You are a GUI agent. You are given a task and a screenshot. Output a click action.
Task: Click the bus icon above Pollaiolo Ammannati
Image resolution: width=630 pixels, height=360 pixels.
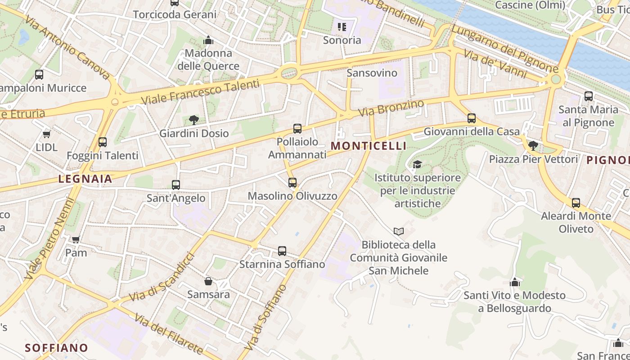pos(297,129)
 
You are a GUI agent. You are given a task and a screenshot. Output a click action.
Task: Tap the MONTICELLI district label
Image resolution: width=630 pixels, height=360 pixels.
pos(369,146)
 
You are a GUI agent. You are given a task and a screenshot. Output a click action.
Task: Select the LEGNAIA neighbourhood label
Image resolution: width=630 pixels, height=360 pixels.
pos(85,179)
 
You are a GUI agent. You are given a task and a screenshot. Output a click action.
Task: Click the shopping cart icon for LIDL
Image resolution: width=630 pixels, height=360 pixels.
pos(46,134)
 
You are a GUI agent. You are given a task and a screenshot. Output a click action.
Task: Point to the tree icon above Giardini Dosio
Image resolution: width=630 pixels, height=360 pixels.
pos(194,120)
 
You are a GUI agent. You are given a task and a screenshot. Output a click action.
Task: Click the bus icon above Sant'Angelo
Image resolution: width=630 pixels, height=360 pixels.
pos(176,184)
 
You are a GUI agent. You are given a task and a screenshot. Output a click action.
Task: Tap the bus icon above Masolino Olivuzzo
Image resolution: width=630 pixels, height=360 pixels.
pos(292,183)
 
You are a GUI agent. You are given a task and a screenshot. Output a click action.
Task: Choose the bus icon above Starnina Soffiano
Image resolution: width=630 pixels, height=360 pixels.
pos(282,251)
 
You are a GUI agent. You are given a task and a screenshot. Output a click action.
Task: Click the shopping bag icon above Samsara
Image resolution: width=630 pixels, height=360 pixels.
pos(208,281)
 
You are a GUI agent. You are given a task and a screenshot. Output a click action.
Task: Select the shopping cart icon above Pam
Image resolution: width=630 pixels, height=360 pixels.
pos(76,239)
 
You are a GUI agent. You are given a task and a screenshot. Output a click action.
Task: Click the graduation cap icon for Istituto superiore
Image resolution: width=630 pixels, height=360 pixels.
pos(417,164)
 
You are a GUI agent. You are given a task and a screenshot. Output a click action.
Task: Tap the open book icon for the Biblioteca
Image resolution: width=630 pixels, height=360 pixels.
pos(398,232)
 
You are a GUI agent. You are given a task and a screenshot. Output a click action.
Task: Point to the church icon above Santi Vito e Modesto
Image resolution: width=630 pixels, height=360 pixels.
pos(514,282)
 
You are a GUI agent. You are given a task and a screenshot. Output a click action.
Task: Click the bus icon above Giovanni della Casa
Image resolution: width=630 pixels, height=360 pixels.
pos(472,118)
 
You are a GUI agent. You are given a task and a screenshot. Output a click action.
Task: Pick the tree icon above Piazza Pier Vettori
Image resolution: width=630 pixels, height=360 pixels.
pos(533,146)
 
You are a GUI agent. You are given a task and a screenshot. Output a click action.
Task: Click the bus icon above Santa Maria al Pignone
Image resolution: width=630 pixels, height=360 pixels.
pos(588,96)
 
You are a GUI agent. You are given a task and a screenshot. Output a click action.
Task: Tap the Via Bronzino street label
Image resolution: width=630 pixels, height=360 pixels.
pos(391,108)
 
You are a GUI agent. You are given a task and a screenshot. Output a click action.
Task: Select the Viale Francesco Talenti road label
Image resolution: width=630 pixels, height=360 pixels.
pos(200,92)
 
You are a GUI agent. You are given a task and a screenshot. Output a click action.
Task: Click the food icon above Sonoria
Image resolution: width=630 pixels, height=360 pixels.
pos(342,27)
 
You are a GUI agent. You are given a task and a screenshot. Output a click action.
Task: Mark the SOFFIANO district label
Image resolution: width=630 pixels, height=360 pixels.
pos(56,348)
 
